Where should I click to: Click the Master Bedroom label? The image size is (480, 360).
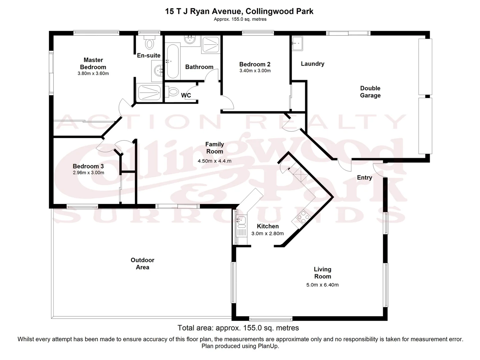point(93,63)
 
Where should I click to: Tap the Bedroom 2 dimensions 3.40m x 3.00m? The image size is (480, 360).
point(255,71)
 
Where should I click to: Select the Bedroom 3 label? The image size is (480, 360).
point(88,166)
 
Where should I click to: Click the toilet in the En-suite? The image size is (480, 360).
point(149,43)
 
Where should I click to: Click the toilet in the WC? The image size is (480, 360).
point(172,91)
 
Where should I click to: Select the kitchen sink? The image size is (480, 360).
point(241,220)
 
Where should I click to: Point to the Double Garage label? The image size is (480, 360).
point(370,92)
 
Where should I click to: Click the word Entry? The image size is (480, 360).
point(364,177)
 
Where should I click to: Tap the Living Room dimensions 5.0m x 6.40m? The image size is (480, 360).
point(322,285)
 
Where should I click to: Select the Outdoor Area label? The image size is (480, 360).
point(142,263)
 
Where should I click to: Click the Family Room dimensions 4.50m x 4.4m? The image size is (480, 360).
point(214,161)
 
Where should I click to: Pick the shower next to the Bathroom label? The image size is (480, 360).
point(211,45)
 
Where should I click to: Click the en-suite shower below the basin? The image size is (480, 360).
point(149,92)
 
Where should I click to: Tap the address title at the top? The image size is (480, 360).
point(239,11)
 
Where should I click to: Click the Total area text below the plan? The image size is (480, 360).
point(238,328)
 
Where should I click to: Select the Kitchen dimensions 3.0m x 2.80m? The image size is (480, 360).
point(267,233)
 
